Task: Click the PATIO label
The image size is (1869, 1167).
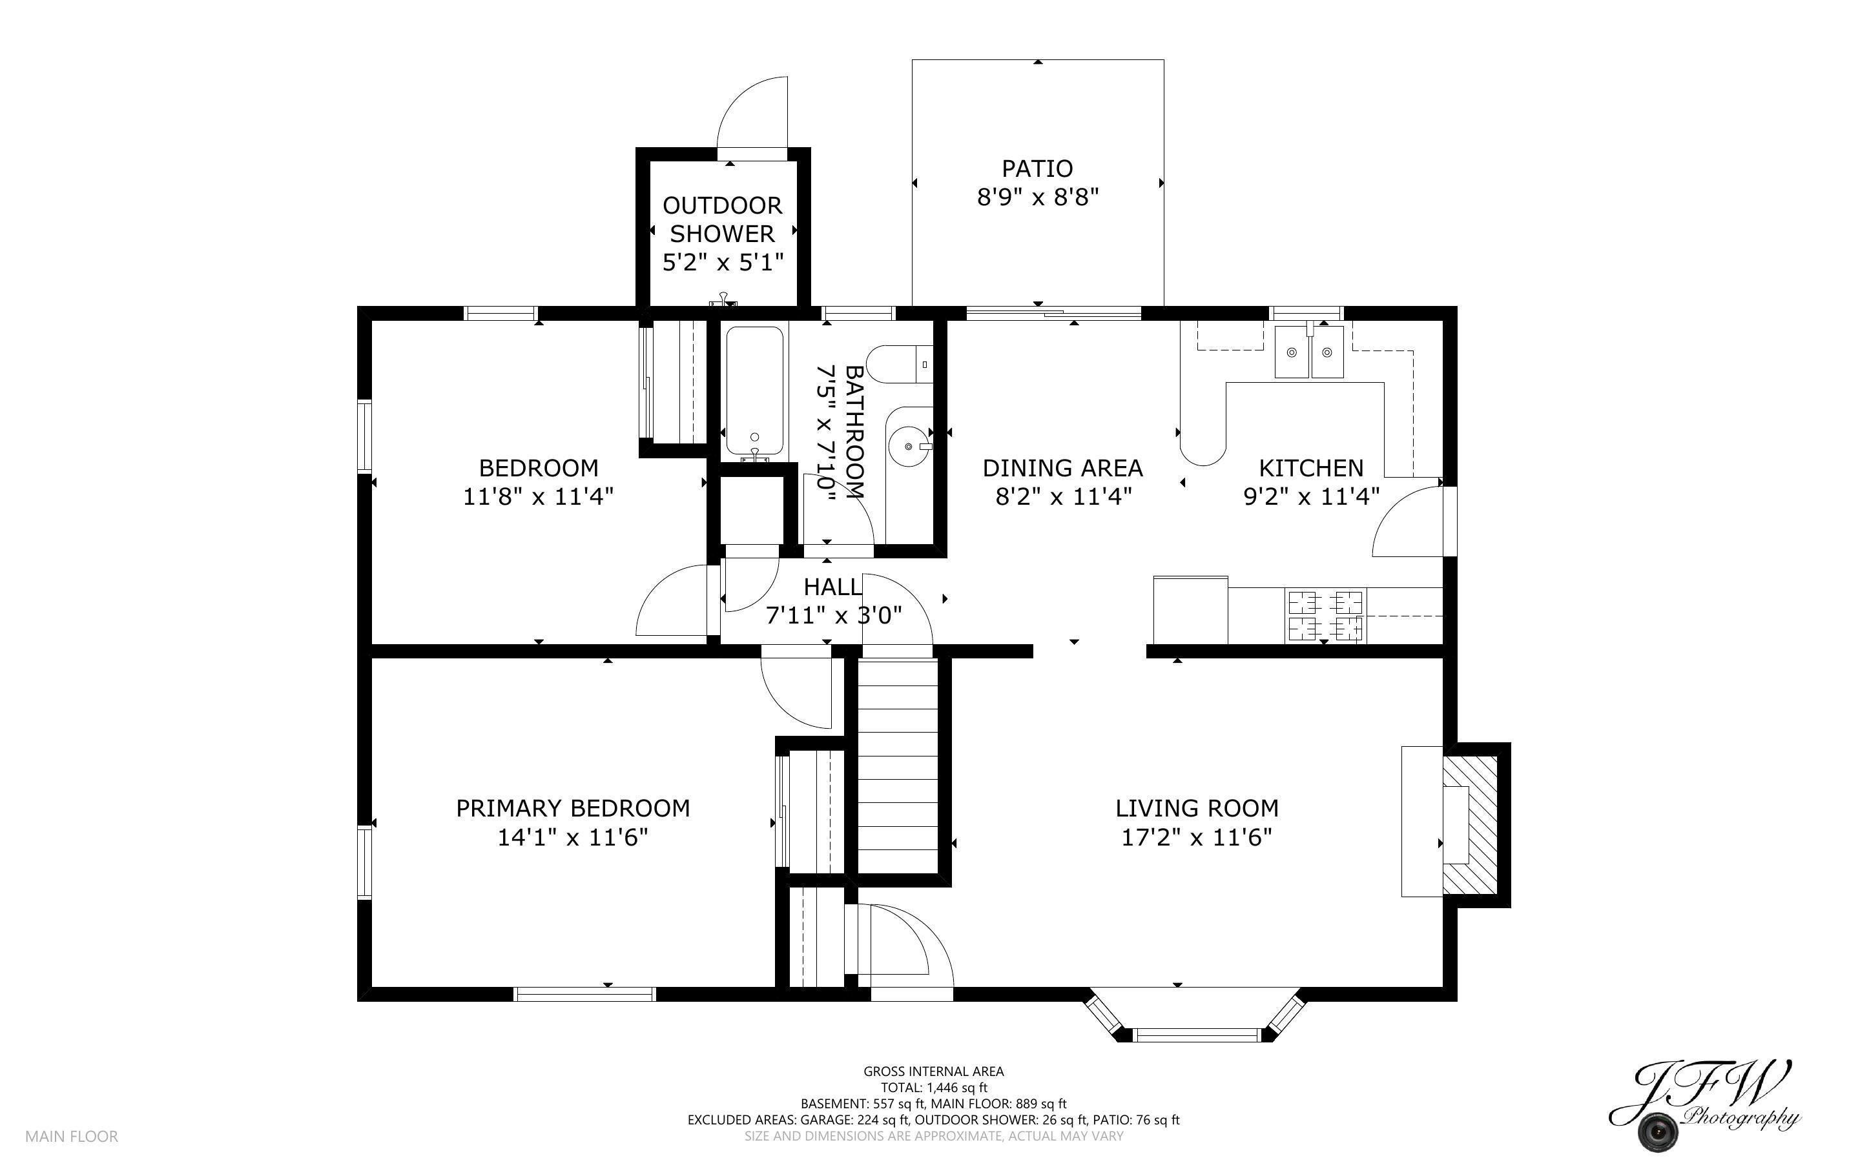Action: click(x=1037, y=168)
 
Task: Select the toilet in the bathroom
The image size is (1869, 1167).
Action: click(x=900, y=364)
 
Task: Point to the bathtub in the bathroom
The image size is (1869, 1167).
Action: click(x=754, y=391)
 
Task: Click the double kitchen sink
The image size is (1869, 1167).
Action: click(x=1308, y=352)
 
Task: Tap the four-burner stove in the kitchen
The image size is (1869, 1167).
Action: click(x=1325, y=615)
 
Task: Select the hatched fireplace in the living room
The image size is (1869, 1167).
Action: click(x=1470, y=825)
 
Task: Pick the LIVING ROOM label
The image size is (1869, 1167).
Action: click(x=1197, y=808)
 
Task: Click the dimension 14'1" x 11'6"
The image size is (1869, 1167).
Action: click(x=572, y=837)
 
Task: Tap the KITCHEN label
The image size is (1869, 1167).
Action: click(x=1311, y=468)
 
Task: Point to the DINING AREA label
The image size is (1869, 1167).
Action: click(x=1062, y=468)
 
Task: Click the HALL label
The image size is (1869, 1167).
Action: click(x=832, y=587)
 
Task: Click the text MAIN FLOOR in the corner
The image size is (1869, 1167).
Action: click(x=72, y=1136)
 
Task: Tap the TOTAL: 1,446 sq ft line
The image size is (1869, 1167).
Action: click(x=933, y=1088)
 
